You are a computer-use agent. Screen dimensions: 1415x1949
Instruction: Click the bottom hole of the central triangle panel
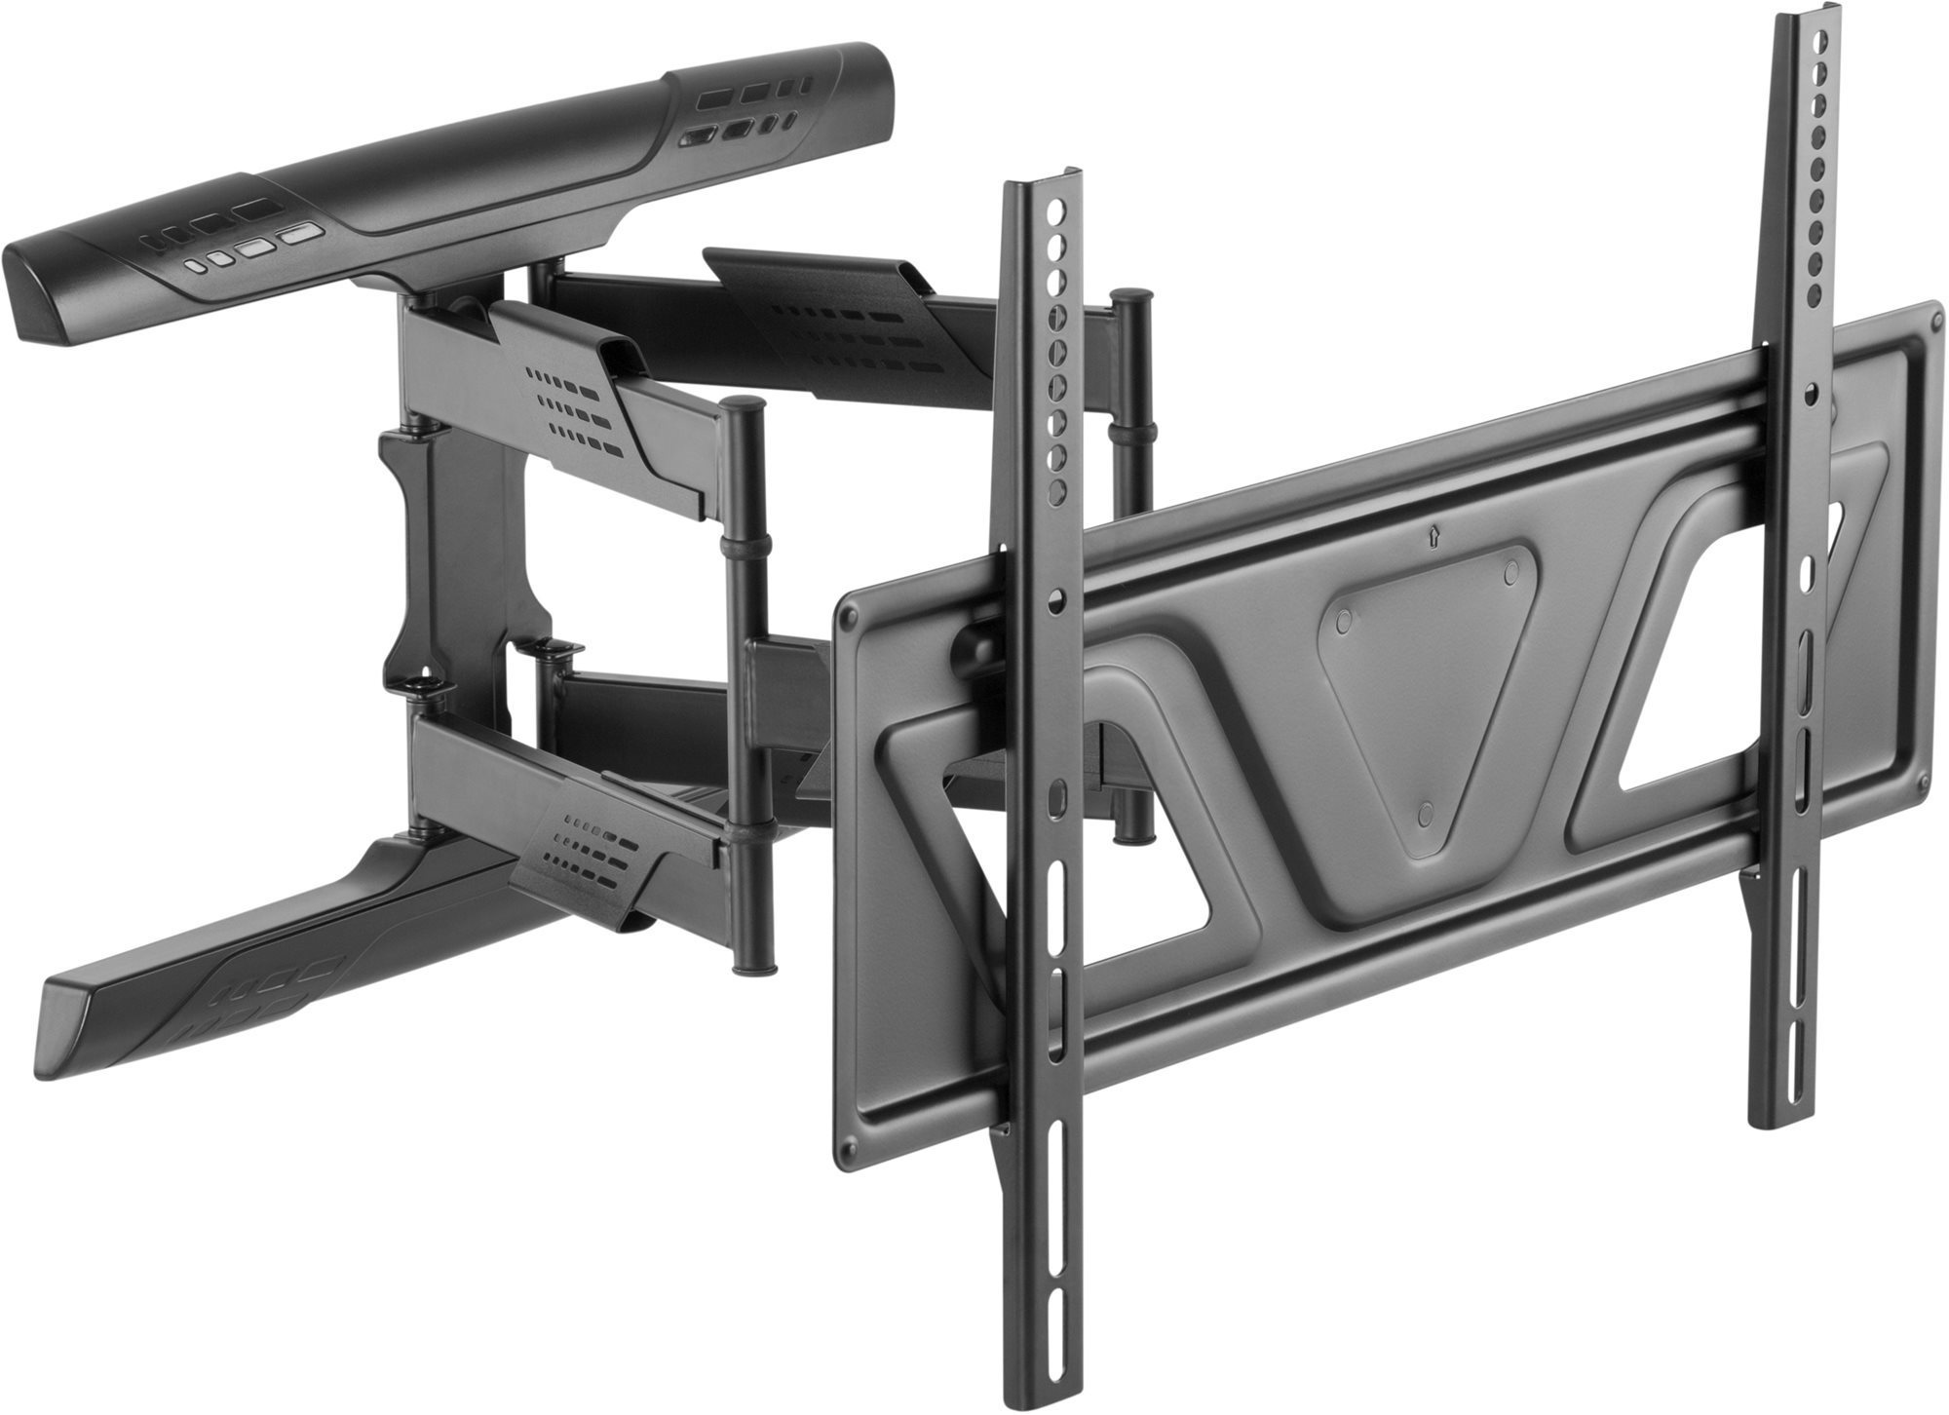[x=1425, y=811]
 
